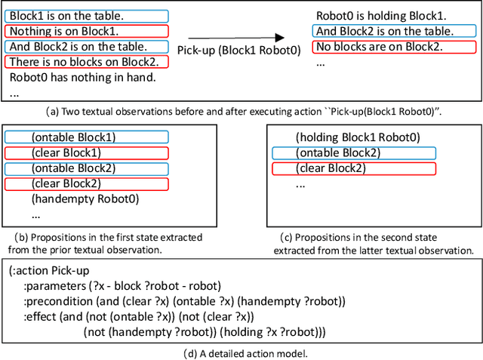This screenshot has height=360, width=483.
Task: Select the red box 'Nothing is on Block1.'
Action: coord(66,32)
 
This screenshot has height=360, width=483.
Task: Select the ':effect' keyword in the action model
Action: coord(39,317)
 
